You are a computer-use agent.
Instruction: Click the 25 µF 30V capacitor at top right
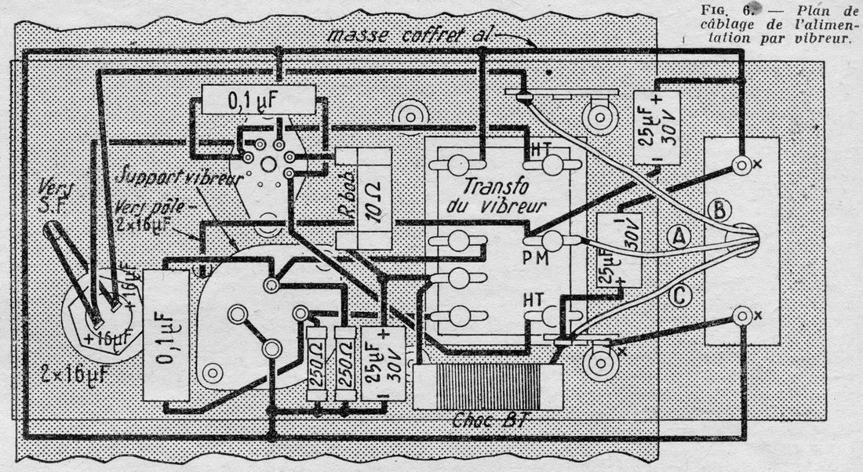(657, 126)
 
